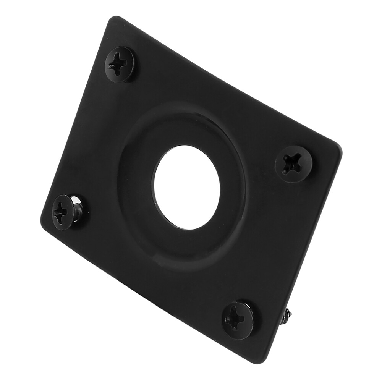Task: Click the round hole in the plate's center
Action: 187,187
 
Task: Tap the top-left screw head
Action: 119,64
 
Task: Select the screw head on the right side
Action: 293,164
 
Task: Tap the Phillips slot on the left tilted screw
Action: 61,213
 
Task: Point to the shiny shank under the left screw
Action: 78,209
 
